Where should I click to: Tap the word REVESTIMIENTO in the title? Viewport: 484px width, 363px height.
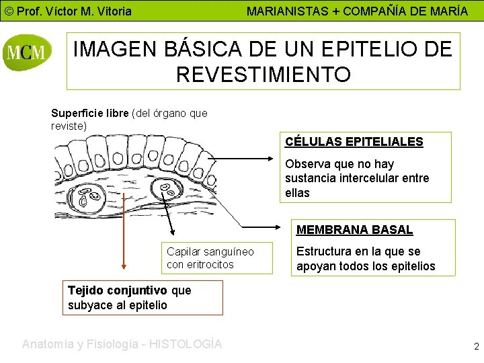coord(263,74)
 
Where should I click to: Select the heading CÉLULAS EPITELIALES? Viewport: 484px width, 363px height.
coord(354,142)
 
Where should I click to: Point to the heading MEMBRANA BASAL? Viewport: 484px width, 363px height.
coord(354,229)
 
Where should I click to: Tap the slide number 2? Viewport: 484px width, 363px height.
coord(476,347)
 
